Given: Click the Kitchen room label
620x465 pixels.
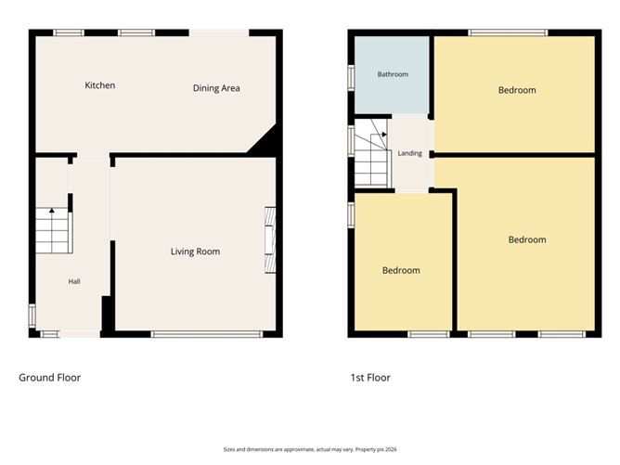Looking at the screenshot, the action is click(x=100, y=85).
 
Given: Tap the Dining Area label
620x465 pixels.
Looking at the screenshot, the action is click(x=216, y=88).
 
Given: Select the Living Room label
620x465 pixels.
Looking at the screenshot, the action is click(x=195, y=252).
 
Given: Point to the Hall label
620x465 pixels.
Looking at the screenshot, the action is click(x=74, y=281).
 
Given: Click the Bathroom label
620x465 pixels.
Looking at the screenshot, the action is click(x=393, y=74).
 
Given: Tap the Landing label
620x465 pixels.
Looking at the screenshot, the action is click(x=409, y=153).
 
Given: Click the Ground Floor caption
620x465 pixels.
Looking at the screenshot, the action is click(x=50, y=378).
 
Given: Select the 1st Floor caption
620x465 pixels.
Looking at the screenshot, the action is click(x=370, y=378).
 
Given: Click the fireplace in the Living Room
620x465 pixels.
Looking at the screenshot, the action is click(x=270, y=240).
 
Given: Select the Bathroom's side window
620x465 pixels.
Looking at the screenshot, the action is click(x=351, y=78).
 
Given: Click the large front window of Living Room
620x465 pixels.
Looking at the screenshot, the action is click(x=207, y=334).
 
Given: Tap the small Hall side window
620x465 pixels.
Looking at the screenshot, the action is click(x=32, y=316).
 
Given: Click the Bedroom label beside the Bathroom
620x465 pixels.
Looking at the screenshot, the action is click(x=517, y=90).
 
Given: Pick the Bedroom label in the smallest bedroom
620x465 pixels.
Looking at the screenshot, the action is click(x=401, y=270).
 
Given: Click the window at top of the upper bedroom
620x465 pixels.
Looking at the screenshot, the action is click(x=508, y=32).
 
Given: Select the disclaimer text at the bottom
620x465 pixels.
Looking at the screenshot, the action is click(x=310, y=449).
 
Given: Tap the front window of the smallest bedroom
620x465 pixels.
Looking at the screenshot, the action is click(x=429, y=334).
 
